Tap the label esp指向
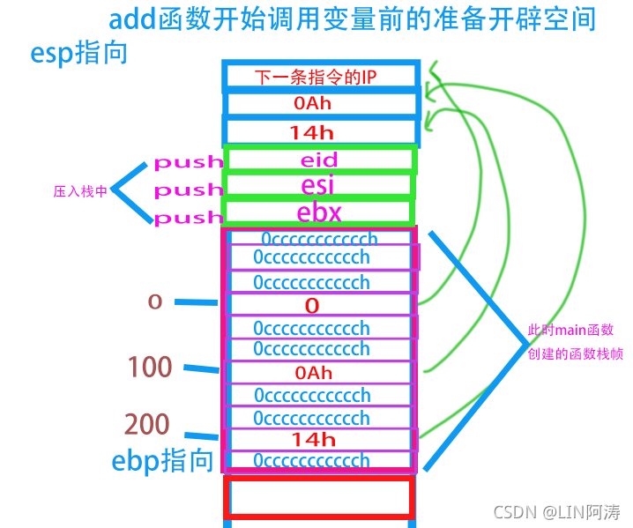pos(78,52)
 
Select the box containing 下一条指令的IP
pos(319,77)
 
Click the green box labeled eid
pos(319,160)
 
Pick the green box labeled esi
pos(319,186)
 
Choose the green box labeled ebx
pos(319,212)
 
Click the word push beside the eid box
pos(188,162)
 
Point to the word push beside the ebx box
pos(188,217)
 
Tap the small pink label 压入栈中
pos(80,190)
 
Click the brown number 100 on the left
pos(150,367)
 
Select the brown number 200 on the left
pos(147,424)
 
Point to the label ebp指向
pos(162,460)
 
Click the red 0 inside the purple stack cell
pos(311,306)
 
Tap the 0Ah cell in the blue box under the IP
pos(312,104)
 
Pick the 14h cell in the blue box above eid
pos(312,132)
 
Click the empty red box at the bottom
pos(319,496)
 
